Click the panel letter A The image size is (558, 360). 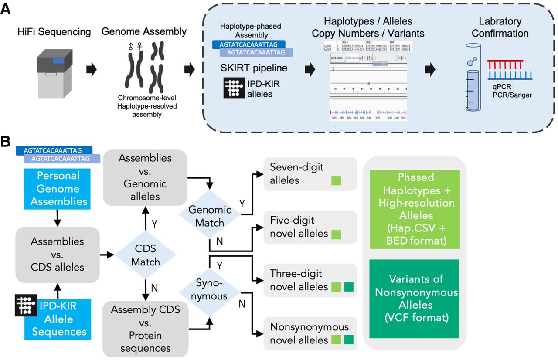click(6, 8)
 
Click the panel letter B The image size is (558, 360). click(6, 142)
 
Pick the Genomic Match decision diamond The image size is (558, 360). click(209, 216)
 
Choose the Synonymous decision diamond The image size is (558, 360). click(209, 289)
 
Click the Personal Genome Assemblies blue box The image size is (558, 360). click(58, 189)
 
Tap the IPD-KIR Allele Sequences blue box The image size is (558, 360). click(58, 319)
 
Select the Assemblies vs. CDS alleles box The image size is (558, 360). click(58, 255)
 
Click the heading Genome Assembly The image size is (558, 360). click(144, 32)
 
